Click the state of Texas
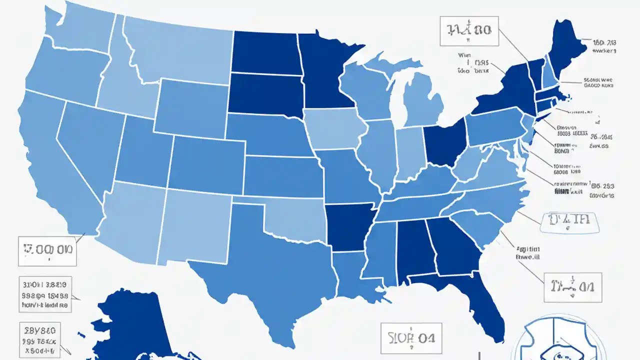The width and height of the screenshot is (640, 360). point(270,265)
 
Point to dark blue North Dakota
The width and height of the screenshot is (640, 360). point(265,52)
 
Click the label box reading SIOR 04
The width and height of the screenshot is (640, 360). point(411,338)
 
